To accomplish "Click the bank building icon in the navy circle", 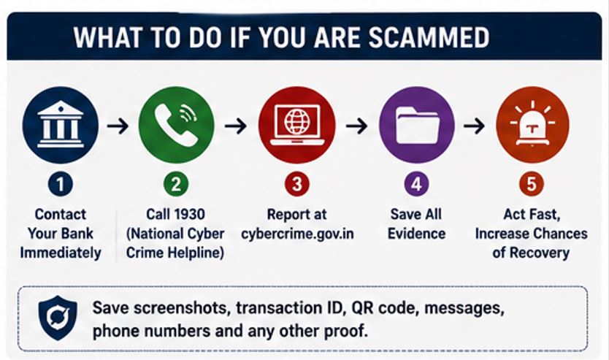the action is pos(60,125).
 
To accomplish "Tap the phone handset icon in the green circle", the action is pos(176,125).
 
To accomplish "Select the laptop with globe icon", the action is pos(297,125).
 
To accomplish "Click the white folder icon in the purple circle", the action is pos(417,125).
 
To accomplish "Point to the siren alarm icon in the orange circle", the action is pos(532,123).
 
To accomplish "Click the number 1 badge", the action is pos(60,184).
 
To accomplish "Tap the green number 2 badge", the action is pos(176,184).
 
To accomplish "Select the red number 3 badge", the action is pos(297,184).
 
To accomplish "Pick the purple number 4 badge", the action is pos(416,184).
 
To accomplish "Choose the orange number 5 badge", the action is pos(532,184).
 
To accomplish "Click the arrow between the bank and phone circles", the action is pos(118,126).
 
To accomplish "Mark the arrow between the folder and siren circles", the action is pos(474,126).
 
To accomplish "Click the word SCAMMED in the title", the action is pos(429,38).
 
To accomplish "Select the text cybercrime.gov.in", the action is pos(297,234).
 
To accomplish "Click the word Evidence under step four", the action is pos(416,234).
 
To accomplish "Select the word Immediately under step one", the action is pos(61,253).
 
